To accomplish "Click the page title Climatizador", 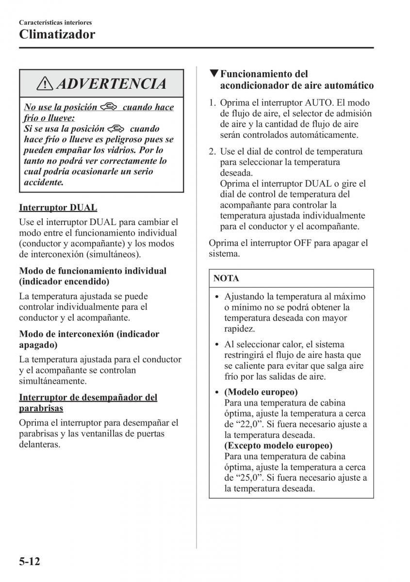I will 57,35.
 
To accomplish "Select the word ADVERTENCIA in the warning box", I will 111,84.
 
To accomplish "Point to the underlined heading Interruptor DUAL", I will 58,208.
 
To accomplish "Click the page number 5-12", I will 29,562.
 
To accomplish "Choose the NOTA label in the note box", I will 226,279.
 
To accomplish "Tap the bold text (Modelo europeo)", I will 261,392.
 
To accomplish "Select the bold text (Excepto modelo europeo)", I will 279,446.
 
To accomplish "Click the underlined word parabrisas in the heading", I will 41,408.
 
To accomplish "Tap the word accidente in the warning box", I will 44,182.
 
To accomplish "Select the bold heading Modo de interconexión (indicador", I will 89,334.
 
